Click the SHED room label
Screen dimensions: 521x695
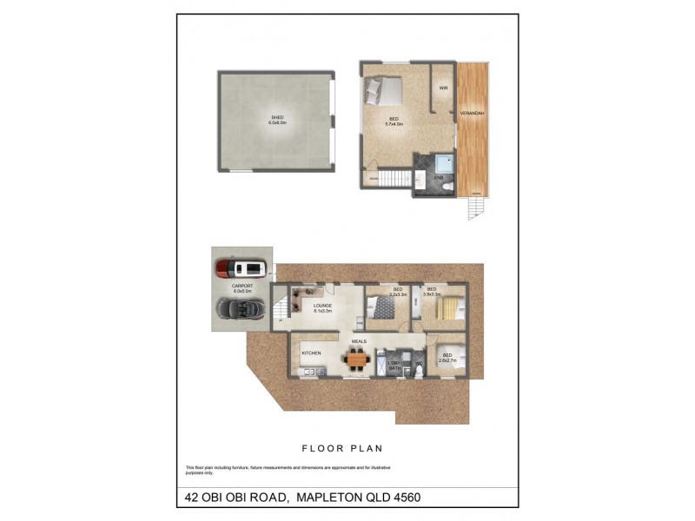[277, 117]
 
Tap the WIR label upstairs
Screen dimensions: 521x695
[443, 88]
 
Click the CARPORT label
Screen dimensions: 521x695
[242, 286]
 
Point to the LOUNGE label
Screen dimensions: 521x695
[323, 305]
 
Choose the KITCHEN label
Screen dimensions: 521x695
[311, 353]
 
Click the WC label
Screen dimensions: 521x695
[418, 363]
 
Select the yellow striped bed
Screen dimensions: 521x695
[449, 307]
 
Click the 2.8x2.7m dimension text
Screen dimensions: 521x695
[447, 361]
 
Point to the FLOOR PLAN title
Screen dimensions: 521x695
[341, 448]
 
